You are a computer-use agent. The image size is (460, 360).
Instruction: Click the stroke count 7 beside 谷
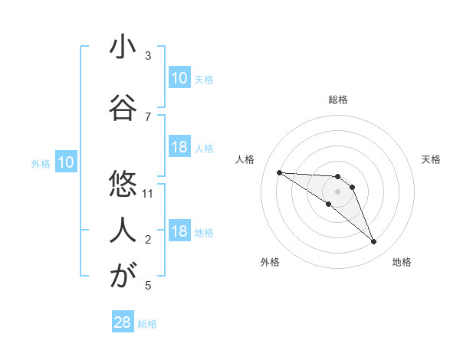(x=148, y=116)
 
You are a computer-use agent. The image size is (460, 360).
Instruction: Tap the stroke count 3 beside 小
(x=148, y=56)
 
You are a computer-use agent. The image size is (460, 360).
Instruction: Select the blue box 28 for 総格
(x=123, y=322)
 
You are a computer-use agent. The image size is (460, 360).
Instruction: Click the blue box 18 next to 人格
(x=179, y=147)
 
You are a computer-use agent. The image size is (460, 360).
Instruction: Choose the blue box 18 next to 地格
(x=179, y=231)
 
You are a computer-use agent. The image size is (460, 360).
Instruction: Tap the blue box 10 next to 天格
(x=179, y=78)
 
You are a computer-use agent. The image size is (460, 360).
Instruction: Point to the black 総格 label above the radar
(x=338, y=100)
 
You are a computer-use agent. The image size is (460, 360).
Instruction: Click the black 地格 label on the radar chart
(x=402, y=262)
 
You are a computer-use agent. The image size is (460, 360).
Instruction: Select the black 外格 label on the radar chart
(x=270, y=262)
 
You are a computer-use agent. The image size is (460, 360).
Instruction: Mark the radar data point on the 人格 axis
(x=279, y=172)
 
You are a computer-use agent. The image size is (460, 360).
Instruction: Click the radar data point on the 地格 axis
(x=373, y=242)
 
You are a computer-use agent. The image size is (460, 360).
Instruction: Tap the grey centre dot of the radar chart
(x=337, y=191)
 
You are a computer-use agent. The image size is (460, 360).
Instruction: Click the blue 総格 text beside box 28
(x=147, y=324)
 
